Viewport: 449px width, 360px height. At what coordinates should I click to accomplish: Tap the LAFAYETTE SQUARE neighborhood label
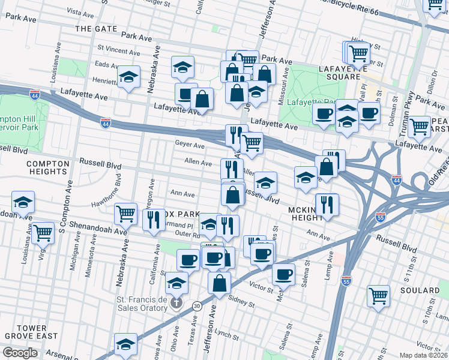point(343,73)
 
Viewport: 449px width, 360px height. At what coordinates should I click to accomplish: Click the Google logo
point(20,352)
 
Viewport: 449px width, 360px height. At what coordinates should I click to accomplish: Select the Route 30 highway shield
point(196,305)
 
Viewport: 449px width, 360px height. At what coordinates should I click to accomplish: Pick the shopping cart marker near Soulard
point(378,295)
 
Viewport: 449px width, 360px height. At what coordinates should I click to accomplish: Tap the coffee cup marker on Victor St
point(283,275)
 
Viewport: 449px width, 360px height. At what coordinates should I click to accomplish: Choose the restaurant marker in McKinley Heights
point(327,204)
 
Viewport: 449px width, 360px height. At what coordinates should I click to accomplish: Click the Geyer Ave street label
point(190,145)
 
